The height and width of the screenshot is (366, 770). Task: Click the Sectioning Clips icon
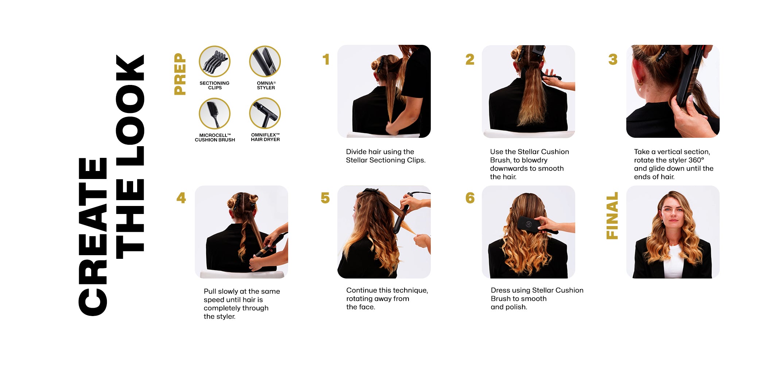[214, 61]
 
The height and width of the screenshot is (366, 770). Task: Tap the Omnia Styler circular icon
[265, 61]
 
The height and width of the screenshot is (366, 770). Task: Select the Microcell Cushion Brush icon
[214, 113]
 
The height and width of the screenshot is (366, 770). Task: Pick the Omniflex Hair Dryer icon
[265, 113]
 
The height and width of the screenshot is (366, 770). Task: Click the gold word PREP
[180, 74]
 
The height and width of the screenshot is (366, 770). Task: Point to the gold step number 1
[326, 59]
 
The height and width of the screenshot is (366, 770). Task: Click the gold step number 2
[470, 59]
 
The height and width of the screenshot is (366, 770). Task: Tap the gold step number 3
[613, 59]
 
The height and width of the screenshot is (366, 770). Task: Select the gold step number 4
[181, 198]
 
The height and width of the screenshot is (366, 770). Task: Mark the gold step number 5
[325, 198]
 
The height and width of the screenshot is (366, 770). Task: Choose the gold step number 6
[470, 198]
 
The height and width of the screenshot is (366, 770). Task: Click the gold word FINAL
[612, 216]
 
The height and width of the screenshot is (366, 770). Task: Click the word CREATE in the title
[93, 237]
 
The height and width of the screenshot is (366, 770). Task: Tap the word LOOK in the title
[130, 110]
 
